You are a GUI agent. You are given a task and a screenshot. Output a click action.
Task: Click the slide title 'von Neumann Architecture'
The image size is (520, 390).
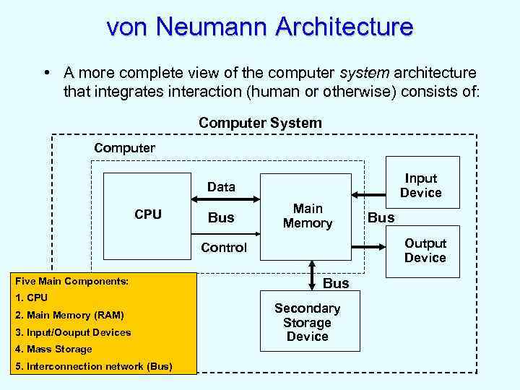[260, 27]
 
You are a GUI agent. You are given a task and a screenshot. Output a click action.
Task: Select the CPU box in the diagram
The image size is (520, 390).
[148, 214]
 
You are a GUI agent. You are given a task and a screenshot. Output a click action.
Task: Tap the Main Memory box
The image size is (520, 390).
[307, 217]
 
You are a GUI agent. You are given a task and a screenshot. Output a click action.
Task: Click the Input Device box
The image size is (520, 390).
[421, 186]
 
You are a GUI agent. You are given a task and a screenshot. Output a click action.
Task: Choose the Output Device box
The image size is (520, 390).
[425, 251]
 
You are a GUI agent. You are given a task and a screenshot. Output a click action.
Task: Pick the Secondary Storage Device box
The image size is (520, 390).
[307, 322]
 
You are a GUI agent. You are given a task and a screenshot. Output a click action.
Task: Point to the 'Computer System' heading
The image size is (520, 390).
[260, 123]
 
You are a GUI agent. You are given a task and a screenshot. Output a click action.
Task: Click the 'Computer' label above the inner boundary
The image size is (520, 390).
[124, 148]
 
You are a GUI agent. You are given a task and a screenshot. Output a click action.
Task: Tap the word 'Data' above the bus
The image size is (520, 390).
[221, 187]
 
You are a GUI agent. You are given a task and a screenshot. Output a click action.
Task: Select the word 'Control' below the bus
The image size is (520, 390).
[224, 248]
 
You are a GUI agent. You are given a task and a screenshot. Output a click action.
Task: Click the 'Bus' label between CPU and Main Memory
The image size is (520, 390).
[221, 217]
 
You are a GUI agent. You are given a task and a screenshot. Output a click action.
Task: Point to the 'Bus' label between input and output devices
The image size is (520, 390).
[381, 217]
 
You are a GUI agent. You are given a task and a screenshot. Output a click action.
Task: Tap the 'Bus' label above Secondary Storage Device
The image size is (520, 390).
[336, 283]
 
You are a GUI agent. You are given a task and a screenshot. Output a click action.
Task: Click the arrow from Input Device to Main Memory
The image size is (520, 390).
[368, 194]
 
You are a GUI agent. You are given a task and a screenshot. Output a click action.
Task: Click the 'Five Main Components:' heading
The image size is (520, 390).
[71, 281]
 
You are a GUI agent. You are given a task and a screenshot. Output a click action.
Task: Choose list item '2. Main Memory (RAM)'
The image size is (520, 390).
[69, 315]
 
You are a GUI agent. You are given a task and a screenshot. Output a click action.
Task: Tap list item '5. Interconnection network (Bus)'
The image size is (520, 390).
[93, 366]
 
